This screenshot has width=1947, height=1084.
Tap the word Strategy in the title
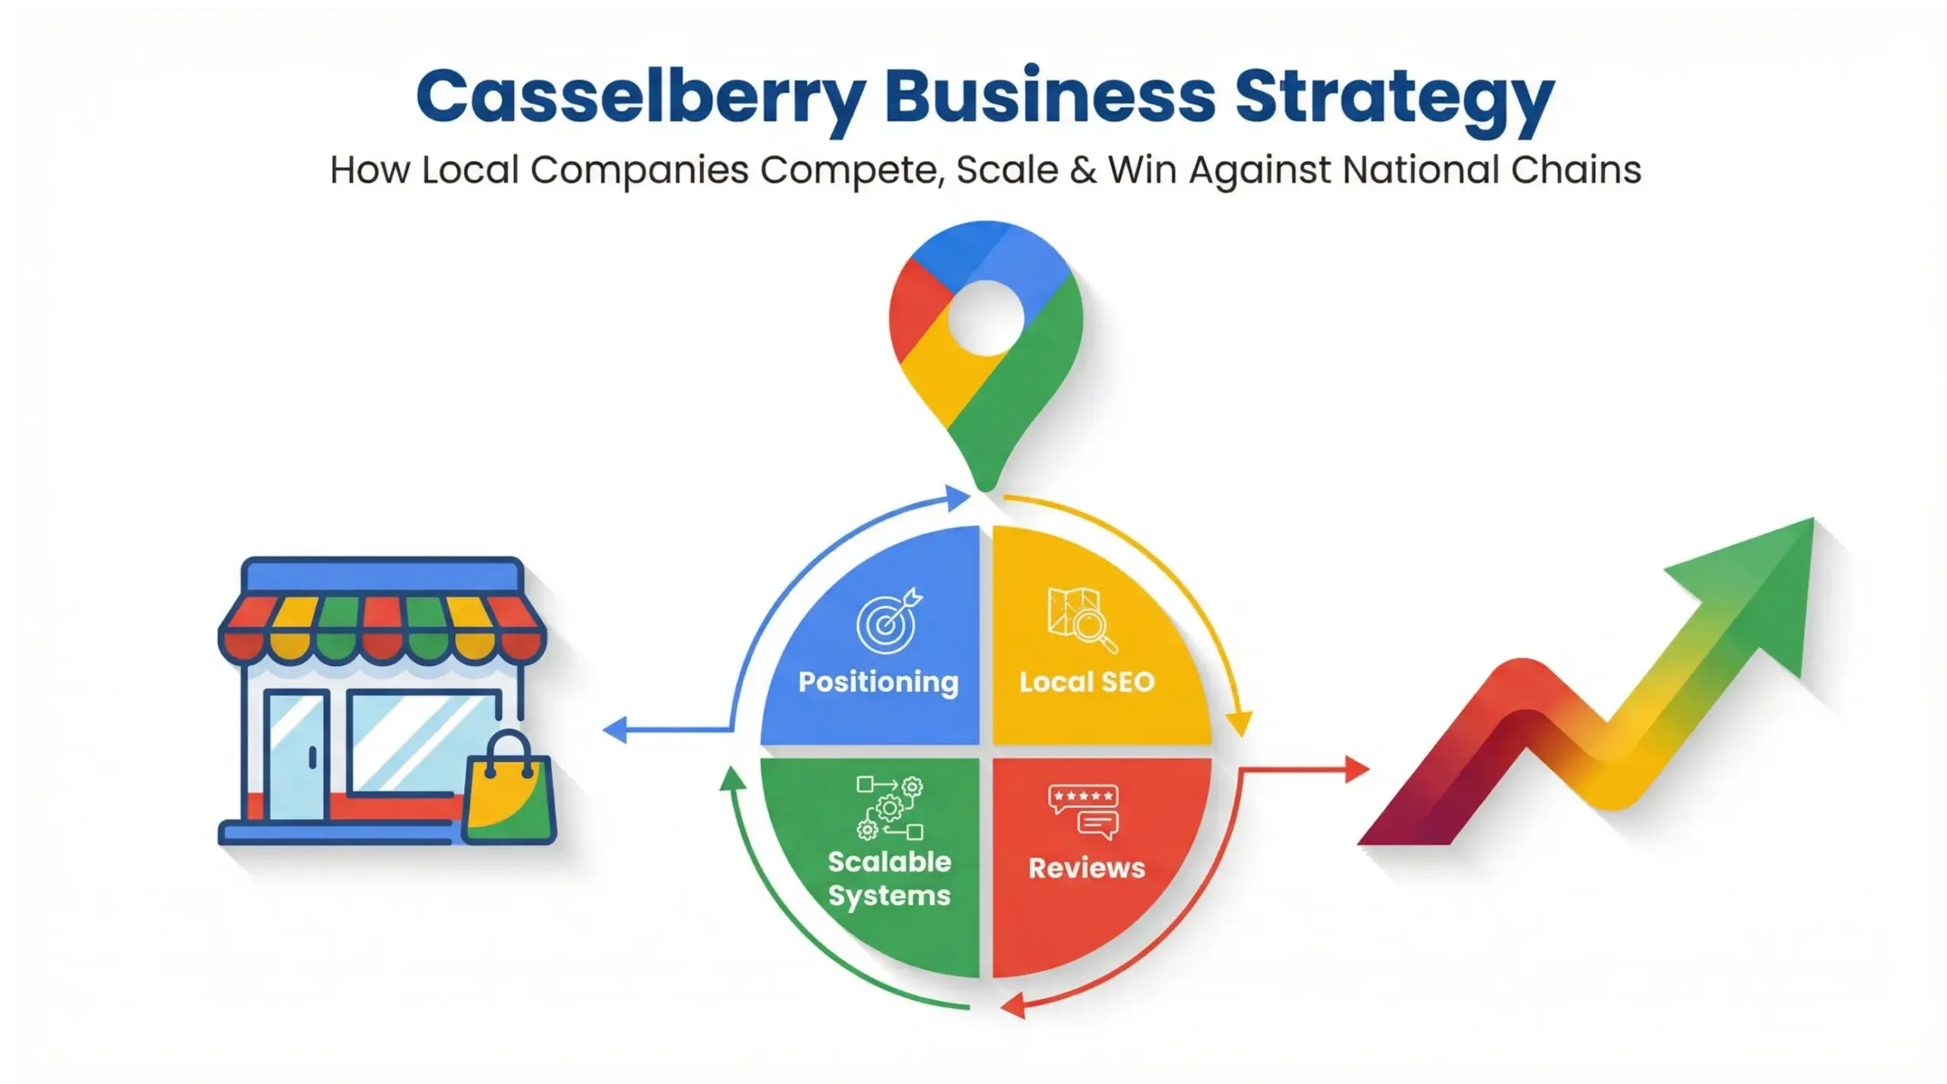click(x=1393, y=99)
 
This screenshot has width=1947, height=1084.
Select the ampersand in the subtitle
click(x=1083, y=170)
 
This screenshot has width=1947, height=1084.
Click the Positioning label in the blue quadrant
click(x=878, y=682)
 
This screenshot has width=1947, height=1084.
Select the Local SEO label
click(x=1087, y=682)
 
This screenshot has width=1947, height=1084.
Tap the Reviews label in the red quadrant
click(x=1087, y=868)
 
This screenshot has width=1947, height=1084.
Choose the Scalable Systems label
click(x=889, y=879)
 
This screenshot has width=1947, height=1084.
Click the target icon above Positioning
click(x=888, y=621)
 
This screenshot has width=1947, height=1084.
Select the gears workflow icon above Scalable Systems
click(x=890, y=808)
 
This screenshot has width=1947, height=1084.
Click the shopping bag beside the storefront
click(x=509, y=795)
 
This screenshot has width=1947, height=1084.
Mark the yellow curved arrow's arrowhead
click(x=1239, y=723)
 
